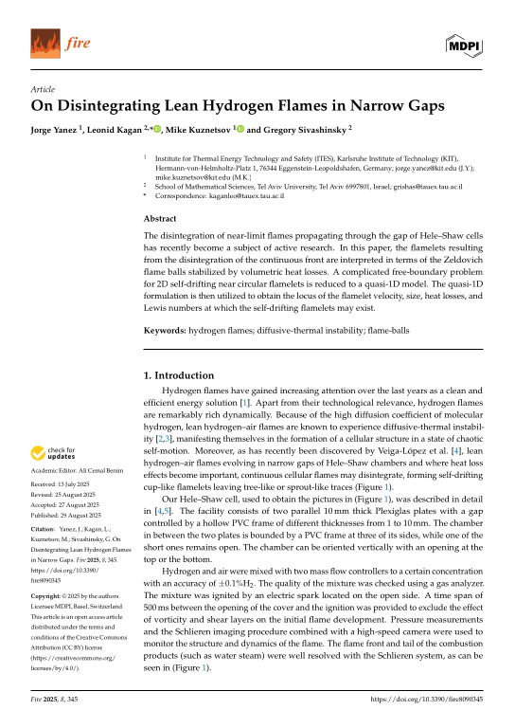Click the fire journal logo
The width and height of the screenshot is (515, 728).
55,44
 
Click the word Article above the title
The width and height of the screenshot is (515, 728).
43,89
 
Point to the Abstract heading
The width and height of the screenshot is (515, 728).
161,216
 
